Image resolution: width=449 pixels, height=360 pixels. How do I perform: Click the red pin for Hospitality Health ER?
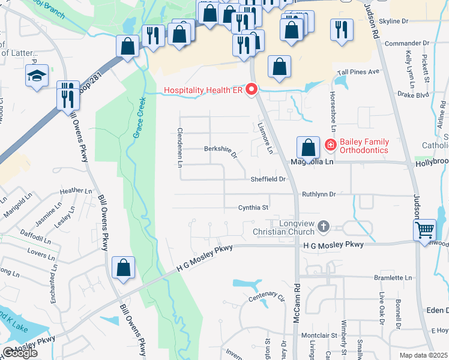click(252, 90)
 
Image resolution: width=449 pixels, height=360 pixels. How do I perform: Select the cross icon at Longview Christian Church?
click(324, 227)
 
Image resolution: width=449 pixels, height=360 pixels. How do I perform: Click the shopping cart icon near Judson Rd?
click(424, 230)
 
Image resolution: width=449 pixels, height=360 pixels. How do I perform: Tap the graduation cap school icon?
click(37, 76)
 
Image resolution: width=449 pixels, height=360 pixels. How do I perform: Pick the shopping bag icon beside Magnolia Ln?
click(308, 146)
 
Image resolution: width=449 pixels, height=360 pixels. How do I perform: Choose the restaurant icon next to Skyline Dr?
click(342, 29)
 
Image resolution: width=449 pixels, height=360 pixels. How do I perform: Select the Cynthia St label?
click(253, 208)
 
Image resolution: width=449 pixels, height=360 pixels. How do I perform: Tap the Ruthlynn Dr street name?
click(318, 194)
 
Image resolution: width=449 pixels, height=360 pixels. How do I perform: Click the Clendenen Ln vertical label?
click(179, 148)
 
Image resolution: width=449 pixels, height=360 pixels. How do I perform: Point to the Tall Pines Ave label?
click(358, 72)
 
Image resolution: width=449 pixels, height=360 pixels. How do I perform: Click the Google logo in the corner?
click(20, 353)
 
